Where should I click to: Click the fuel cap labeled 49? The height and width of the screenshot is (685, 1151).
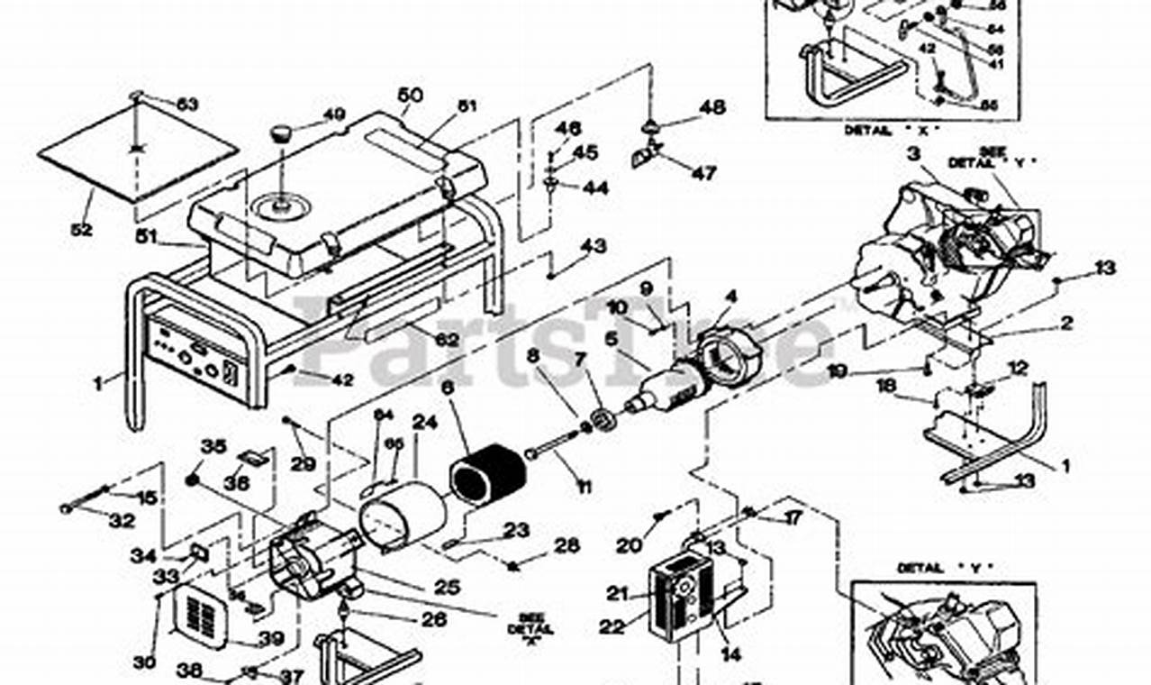(282, 134)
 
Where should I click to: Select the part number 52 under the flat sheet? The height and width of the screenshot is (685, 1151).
(81, 230)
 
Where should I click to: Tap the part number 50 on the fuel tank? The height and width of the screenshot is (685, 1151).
(410, 95)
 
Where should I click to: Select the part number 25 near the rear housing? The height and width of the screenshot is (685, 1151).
(448, 587)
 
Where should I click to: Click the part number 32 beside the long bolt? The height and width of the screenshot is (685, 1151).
(122, 521)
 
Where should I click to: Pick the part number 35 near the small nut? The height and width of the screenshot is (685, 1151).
(213, 446)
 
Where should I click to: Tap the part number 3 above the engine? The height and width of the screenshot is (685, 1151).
(913, 154)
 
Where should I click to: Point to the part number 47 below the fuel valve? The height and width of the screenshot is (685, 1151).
(703, 173)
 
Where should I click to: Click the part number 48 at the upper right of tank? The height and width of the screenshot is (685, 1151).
(711, 107)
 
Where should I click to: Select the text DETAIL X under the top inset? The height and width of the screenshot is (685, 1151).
(890, 130)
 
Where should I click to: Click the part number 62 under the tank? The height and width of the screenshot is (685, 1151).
(447, 340)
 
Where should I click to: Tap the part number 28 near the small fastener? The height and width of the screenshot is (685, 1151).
(566, 546)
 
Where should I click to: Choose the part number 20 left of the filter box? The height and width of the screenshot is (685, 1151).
(630, 545)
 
